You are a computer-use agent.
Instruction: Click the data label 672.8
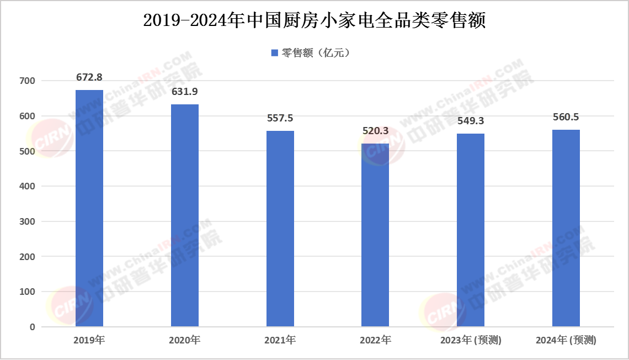pos(89,77)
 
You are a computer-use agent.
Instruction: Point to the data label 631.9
pos(185,92)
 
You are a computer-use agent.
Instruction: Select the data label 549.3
pos(471,121)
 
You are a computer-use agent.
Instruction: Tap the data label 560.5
pos(566,117)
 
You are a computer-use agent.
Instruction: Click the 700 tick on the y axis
pos(28,81)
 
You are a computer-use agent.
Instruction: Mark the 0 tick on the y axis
pos(33,327)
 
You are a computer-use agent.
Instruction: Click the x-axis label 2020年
pos(185,340)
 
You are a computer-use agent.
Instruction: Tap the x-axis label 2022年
pos(375,340)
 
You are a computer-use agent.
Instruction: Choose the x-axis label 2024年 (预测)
pos(566,340)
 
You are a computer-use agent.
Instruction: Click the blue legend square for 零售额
pos(274,53)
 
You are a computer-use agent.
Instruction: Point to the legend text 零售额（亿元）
pos(316,53)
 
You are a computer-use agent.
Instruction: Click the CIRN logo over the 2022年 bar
pos(382,145)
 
